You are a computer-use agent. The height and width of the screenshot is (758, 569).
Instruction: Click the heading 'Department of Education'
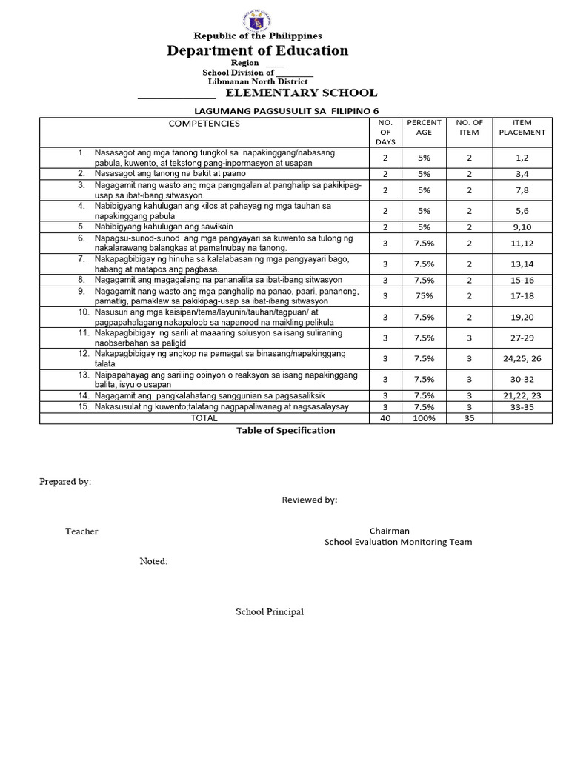click(x=257, y=50)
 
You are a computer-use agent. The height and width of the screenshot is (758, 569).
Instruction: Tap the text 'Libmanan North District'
click(x=257, y=81)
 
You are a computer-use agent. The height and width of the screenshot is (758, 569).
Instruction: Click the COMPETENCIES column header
click(x=204, y=124)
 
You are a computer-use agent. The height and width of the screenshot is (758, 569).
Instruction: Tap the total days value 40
click(x=385, y=418)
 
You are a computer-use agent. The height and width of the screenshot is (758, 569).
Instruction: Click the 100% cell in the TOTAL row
click(x=424, y=418)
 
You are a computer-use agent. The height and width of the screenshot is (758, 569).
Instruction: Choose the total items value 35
click(x=469, y=418)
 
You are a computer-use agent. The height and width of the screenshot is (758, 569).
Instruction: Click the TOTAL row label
click(x=204, y=418)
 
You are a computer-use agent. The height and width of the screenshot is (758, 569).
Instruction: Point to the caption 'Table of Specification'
click(x=285, y=430)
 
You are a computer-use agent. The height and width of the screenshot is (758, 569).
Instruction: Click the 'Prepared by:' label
click(x=65, y=482)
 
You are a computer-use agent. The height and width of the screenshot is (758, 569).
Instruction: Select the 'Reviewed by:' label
click(x=309, y=500)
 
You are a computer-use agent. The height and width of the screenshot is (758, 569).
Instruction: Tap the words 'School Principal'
click(x=270, y=612)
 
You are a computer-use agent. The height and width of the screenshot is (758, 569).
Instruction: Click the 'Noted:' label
click(x=153, y=561)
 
